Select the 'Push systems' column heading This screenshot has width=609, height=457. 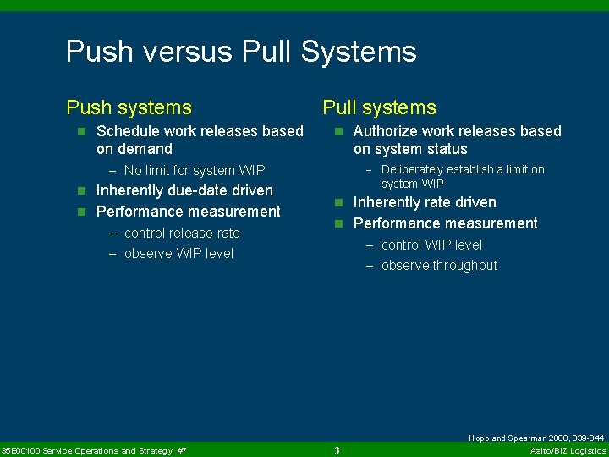pyautogui.click(x=129, y=107)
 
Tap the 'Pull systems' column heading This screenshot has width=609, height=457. pyautogui.click(x=379, y=107)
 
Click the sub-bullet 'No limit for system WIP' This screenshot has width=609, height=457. pyautogui.click(x=194, y=170)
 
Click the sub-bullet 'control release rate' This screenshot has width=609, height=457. pyautogui.click(x=182, y=233)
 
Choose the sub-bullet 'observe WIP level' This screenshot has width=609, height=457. pyautogui.click(x=178, y=253)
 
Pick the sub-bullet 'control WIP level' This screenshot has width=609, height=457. pyautogui.click(x=431, y=245)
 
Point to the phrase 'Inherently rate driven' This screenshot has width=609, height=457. pyautogui.click(x=425, y=202)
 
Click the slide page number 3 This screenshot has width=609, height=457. pyautogui.click(x=337, y=450)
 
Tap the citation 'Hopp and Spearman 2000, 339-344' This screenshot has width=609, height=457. pyautogui.click(x=536, y=438)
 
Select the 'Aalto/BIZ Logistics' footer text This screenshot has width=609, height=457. pyautogui.click(x=568, y=450)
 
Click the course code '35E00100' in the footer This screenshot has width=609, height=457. pyautogui.click(x=19, y=450)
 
